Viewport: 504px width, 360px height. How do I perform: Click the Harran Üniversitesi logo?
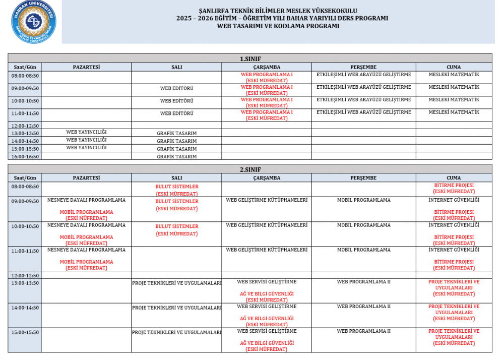coord(34,22)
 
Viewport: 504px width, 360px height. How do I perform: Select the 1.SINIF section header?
coord(250,58)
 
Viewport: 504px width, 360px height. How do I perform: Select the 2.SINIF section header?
coord(250,169)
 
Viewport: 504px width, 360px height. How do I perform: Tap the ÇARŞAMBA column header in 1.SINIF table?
coord(267,67)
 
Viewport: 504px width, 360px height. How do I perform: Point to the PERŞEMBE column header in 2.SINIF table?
coord(363,178)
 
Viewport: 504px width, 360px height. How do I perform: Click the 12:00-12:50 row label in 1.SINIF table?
coord(25,126)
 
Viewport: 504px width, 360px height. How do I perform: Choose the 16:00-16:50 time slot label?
coord(25,156)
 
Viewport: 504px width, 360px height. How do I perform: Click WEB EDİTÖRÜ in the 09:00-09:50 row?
coord(176,88)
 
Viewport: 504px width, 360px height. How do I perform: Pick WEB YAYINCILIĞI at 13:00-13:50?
coord(86,132)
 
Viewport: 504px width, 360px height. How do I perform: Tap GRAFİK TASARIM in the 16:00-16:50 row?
coord(176,156)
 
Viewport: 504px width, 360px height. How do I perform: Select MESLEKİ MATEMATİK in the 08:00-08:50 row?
coord(454,75)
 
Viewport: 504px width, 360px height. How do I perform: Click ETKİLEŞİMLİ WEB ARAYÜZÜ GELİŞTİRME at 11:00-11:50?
coord(363,112)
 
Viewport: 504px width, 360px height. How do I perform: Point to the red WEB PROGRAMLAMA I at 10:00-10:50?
coord(267,100)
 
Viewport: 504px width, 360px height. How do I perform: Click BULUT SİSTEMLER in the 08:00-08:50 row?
coord(176,187)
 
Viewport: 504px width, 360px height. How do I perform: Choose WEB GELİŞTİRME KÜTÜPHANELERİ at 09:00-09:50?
coord(267,200)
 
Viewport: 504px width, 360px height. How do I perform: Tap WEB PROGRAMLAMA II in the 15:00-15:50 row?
coord(363,331)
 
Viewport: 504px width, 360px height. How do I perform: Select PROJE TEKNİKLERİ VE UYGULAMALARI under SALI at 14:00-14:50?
coord(176,307)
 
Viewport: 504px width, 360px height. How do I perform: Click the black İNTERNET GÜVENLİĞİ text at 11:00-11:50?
coord(454,250)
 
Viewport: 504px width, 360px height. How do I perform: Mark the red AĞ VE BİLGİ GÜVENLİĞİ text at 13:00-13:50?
coord(267,293)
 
